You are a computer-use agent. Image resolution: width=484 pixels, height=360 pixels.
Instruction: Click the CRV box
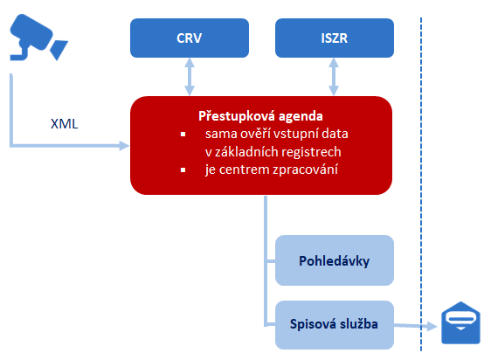(190, 38)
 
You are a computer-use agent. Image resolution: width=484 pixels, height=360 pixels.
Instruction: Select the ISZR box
(335, 38)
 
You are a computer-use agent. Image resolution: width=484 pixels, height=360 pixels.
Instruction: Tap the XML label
(64, 124)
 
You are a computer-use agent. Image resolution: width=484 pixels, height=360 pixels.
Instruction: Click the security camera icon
(39, 37)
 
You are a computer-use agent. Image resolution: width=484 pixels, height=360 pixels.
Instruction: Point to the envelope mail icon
(460, 323)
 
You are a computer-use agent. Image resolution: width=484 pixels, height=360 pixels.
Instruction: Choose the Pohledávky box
(335, 260)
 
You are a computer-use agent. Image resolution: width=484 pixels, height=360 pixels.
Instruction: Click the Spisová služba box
(335, 325)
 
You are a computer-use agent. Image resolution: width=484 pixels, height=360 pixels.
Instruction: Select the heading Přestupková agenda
(260, 116)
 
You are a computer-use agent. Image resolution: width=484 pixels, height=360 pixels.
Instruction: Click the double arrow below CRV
(190, 77)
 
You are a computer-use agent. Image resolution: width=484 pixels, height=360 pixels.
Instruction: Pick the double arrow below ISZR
(334, 77)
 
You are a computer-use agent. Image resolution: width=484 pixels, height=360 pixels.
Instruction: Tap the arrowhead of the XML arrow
(124, 145)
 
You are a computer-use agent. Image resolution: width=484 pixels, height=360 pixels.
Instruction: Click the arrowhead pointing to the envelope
(432, 326)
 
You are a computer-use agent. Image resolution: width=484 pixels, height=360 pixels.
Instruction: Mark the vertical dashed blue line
(421, 184)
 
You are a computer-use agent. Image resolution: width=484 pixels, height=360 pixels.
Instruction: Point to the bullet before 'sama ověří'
(183, 134)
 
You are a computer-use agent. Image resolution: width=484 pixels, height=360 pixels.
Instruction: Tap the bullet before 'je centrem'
(183, 170)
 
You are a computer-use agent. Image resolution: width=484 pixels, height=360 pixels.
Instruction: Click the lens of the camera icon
(59, 50)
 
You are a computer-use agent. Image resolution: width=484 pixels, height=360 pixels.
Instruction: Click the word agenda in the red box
(301, 117)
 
